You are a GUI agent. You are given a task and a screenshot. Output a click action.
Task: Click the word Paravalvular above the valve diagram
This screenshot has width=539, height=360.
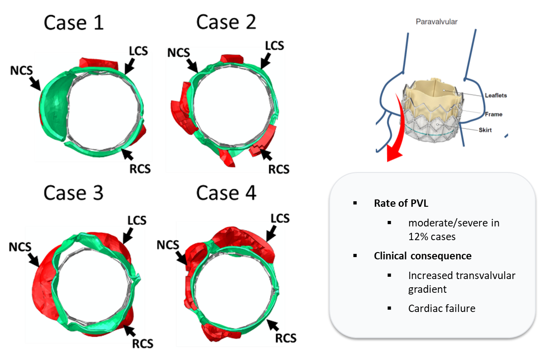(x=436, y=21)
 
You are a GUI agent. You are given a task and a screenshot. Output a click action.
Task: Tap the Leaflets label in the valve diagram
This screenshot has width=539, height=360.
(x=496, y=96)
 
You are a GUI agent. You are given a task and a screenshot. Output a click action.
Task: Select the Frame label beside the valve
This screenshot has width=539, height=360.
(x=493, y=114)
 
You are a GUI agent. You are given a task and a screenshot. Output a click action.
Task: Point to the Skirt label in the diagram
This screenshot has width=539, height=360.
(x=485, y=130)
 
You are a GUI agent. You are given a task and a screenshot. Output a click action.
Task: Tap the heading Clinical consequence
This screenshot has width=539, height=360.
(x=422, y=256)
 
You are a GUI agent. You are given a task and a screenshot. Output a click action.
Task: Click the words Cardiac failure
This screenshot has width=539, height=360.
(x=442, y=308)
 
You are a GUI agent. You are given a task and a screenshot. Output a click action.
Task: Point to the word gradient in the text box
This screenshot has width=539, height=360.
(x=427, y=289)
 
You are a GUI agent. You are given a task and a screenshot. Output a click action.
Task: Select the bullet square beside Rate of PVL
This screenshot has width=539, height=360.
(x=355, y=204)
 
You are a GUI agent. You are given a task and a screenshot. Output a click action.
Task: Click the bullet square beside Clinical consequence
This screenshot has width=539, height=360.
(x=355, y=256)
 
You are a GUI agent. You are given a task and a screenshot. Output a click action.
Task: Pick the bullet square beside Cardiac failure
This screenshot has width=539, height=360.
(x=389, y=308)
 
